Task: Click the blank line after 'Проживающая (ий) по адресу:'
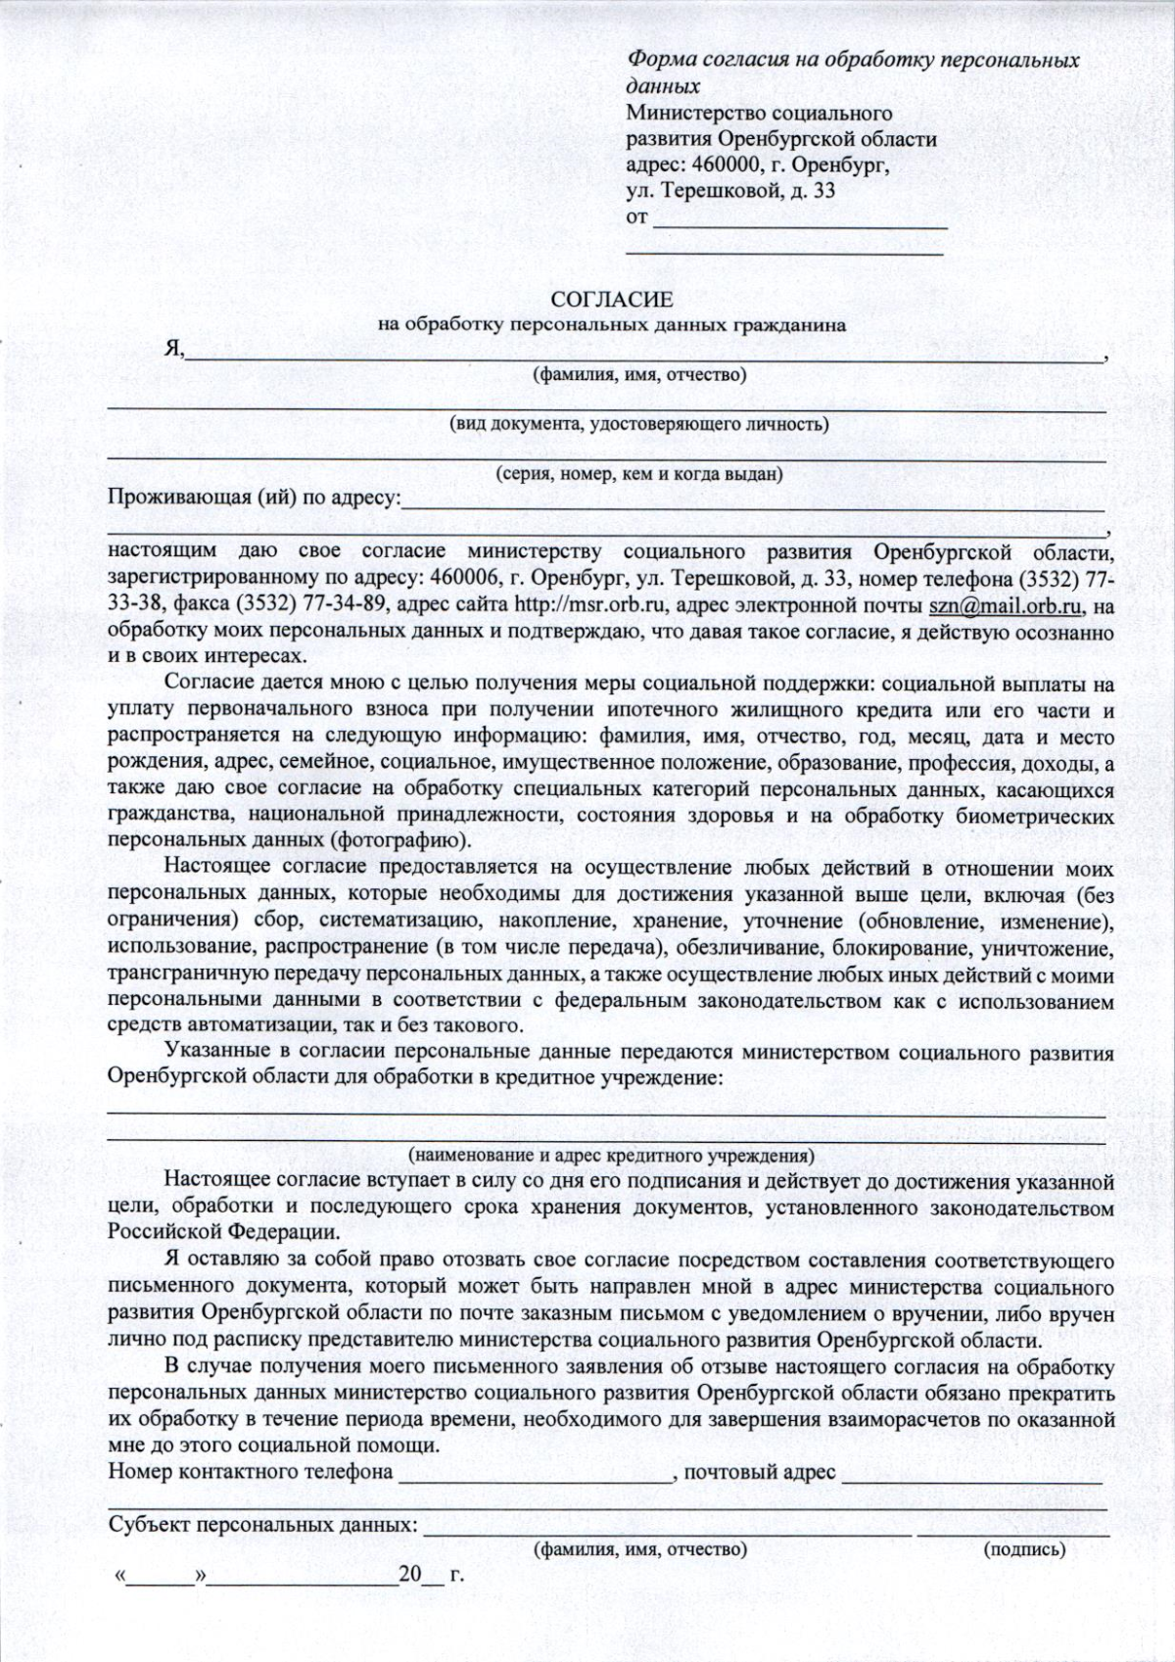coord(754,503)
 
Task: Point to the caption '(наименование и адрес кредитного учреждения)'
coord(612,1155)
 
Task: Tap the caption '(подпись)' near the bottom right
coord(1022,1549)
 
